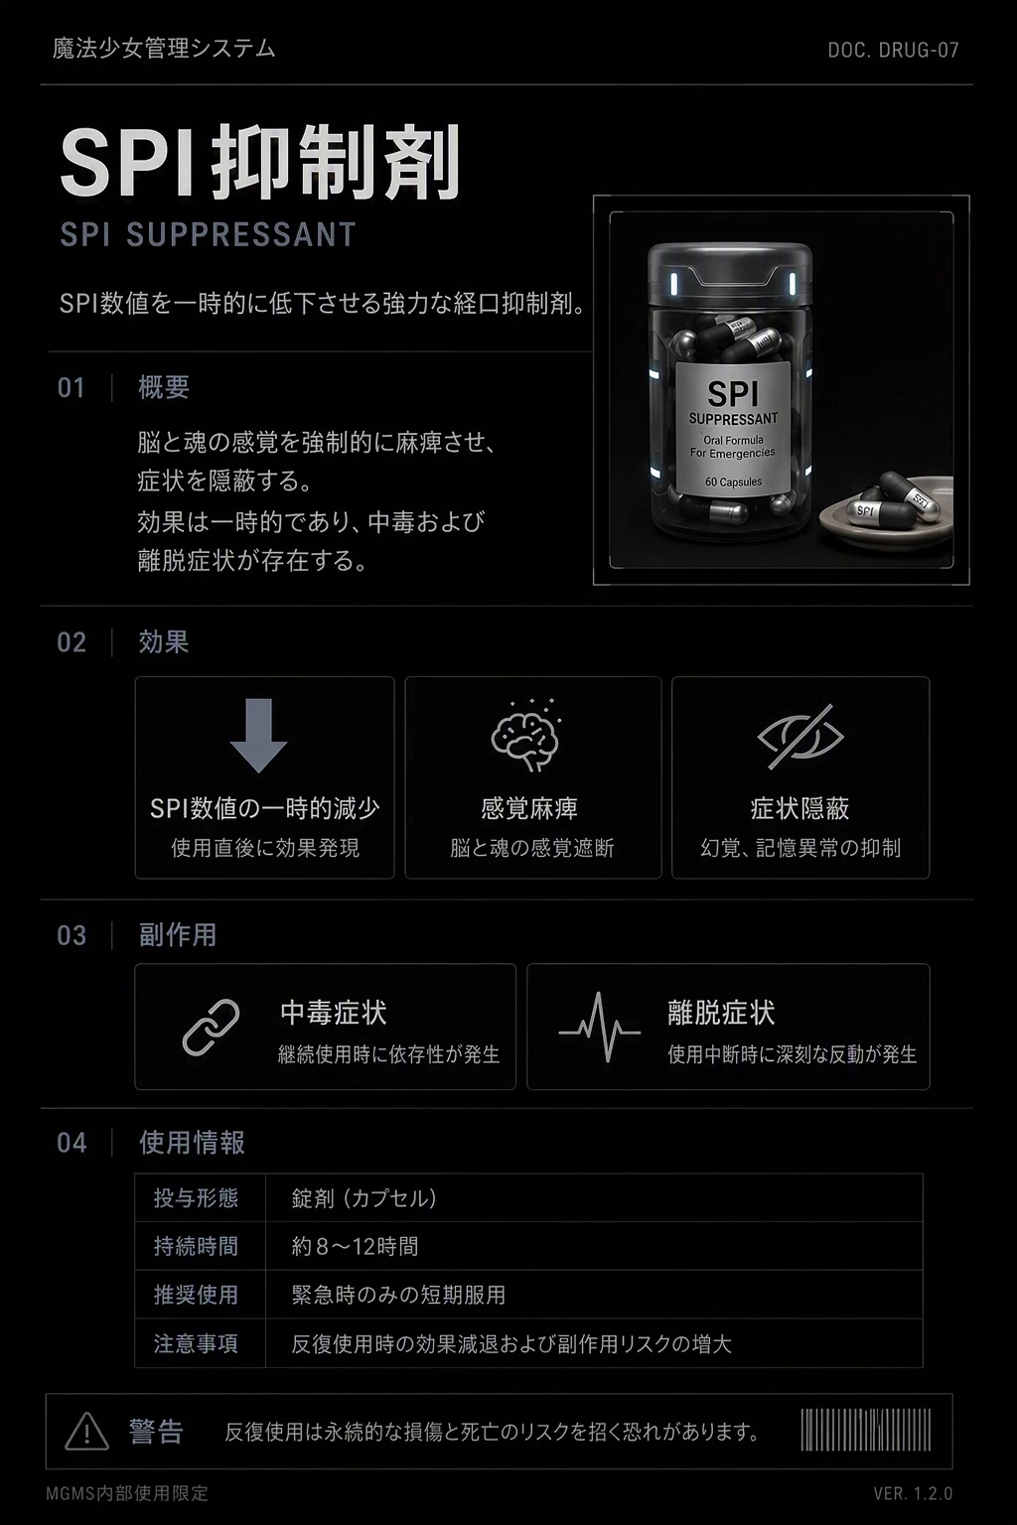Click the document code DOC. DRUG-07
893,50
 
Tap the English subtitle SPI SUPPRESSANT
208,234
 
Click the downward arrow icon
258,736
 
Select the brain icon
526,736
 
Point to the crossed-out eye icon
800,737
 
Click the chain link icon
212,1028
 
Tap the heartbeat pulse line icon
600,1028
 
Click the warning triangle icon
86,1431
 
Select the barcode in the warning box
866,1430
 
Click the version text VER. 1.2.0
913,1493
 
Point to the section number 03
72,935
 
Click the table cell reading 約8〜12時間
355,1246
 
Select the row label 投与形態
197,1197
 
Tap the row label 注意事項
197,1343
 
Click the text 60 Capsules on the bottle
734,482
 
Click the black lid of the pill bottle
730,273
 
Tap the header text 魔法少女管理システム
164,49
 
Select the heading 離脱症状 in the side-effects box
721,1013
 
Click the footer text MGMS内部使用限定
127,1493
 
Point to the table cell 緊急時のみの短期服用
398,1295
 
